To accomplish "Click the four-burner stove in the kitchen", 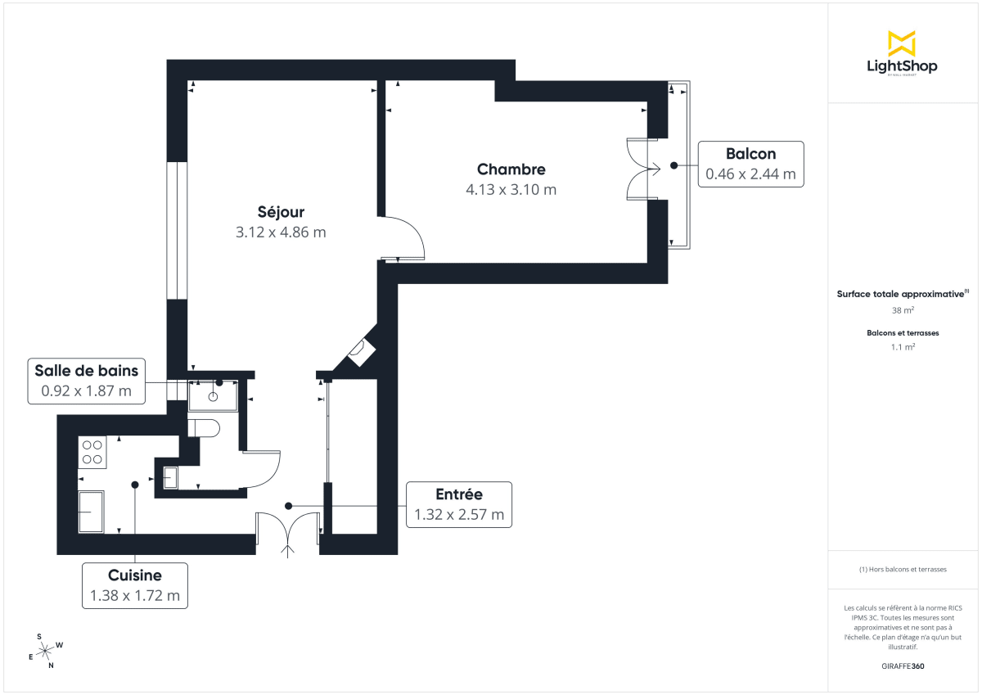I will click(x=92, y=453).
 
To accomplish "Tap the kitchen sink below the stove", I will click(x=91, y=512).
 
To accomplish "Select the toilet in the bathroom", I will click(x=203, y=428).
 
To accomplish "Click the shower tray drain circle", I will click(x=212, y=397).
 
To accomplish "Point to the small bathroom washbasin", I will click(x=170, y=476).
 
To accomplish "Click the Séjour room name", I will click(x=281, y=213).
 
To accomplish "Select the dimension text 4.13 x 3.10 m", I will click(x=511, y=190).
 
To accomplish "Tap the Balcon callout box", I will click(x=750, y=164).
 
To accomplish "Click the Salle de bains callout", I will click(x=86, y=381).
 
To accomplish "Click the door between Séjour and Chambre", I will click(x=403, y=238).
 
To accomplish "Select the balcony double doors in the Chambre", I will click(x=643, y=169).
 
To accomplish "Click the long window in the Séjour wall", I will click(x=178, y=230).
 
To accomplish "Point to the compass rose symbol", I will click(x=47, y=650).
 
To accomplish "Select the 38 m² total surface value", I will click(x=903, y=310).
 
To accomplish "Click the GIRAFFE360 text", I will click(x=902, y=666).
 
